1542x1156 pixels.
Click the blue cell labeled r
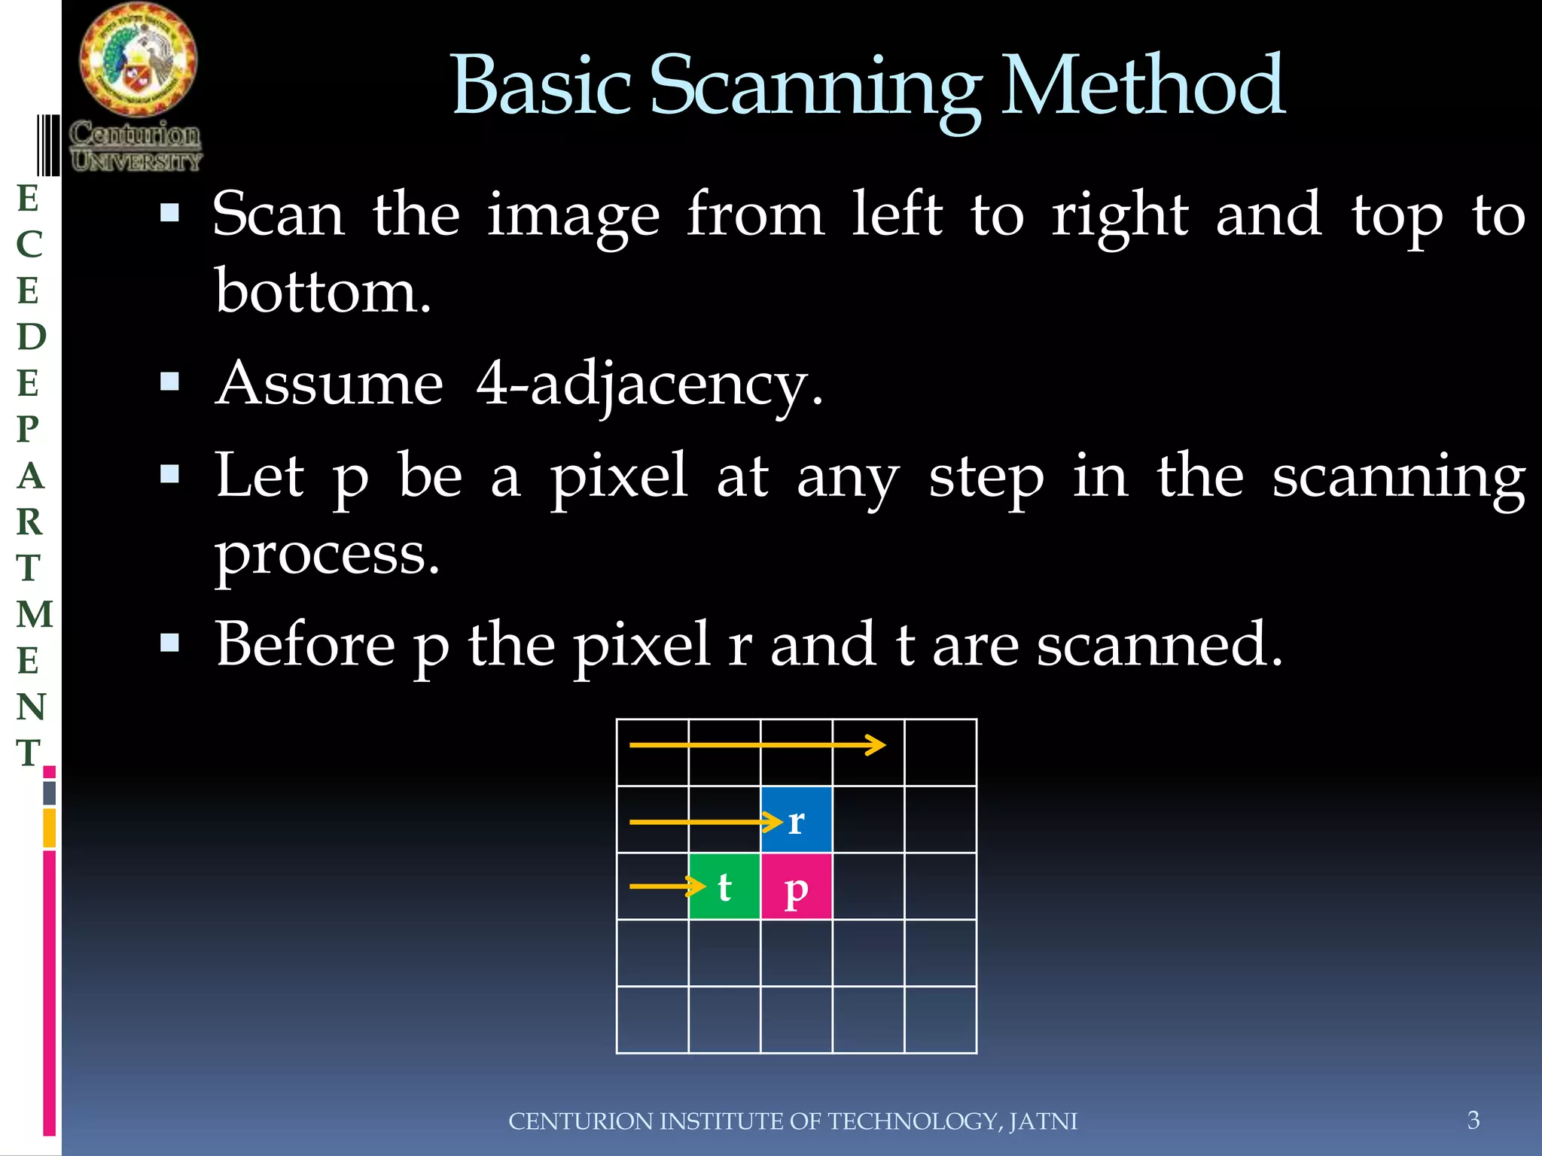(796, 820)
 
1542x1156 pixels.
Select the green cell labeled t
(724, 887)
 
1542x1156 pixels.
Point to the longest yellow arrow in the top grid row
(757, 745)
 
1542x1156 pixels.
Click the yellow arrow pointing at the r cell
(705, 822)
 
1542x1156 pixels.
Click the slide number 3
(1473, 1120)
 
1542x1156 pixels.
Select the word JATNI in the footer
(1043, 1121)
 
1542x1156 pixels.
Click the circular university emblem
(139, 60)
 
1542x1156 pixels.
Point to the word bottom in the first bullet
(322, 292)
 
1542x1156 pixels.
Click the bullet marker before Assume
(170, 382)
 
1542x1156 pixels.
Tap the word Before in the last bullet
(304, 645)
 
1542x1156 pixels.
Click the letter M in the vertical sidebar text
(35, 614)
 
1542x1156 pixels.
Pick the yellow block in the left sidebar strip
(50, 828)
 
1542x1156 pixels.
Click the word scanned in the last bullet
(1160, 645)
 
